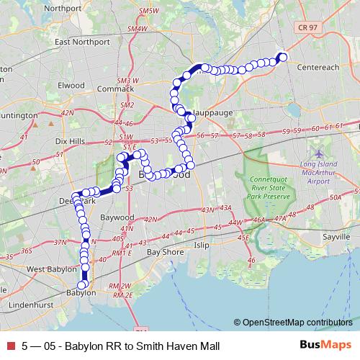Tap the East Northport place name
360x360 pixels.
[81, 41]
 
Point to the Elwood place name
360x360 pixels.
[72, 84]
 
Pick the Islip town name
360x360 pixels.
[201, 245]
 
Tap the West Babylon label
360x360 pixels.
[50, 269]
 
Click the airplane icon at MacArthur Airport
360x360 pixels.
[320, 153]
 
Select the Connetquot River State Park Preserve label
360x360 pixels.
[267, 187]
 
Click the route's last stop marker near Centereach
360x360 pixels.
[283, 57]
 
